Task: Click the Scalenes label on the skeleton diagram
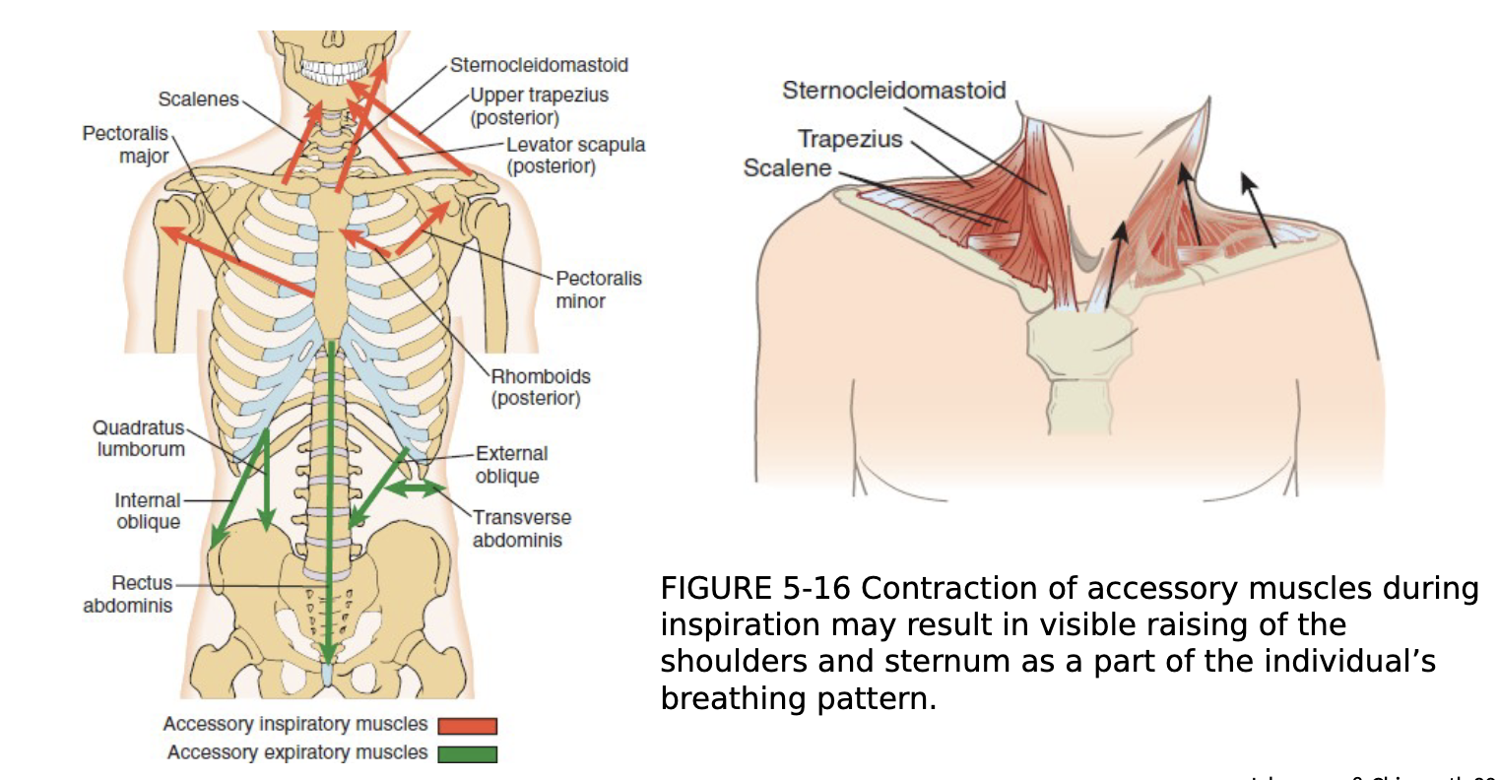point(198,99)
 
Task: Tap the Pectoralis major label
point(126,145)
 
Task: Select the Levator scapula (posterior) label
point(575,156)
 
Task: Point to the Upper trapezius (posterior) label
point(538,106)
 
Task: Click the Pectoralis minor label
point(598,290)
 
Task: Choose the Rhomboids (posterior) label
point(540,387)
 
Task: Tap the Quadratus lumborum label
point(140,438)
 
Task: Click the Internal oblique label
point(148,511)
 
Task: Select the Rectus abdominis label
point(128,594)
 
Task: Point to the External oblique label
point(511,465)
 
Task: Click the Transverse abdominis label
point(520,529)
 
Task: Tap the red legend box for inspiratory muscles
point(467,726)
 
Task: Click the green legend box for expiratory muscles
point(467,754)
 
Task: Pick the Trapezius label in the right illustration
point(849,139)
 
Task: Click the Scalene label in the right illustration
point(787,168)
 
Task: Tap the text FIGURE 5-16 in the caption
point(754,589)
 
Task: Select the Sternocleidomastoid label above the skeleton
point(538,65)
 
